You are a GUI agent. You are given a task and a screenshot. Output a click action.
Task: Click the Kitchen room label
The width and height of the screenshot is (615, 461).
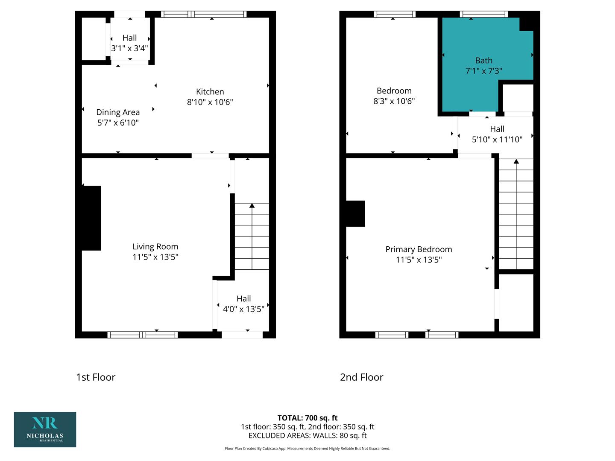point(210,91)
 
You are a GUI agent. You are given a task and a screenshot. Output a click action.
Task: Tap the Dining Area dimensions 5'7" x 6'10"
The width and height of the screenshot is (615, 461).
point(118,123)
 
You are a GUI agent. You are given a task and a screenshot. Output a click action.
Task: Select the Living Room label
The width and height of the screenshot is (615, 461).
point(155,247)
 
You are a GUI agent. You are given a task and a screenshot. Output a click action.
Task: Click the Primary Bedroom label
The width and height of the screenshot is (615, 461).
point(419,249)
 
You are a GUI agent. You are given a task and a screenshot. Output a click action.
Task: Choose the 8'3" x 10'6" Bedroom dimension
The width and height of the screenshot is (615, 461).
point(394,101)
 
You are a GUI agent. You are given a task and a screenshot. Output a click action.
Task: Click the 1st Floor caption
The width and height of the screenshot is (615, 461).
point(96,377)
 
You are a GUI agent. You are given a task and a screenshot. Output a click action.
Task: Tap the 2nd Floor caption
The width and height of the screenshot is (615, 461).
point(361,377)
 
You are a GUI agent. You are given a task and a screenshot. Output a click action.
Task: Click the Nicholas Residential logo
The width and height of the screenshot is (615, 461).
point(45,429)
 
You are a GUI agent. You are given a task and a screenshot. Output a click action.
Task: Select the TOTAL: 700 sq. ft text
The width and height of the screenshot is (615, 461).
point(307,418)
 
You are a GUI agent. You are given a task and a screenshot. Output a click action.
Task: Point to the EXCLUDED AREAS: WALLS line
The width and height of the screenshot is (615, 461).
point(307,435)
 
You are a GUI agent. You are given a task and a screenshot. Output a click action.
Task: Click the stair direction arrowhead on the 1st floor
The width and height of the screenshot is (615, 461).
point(252,206)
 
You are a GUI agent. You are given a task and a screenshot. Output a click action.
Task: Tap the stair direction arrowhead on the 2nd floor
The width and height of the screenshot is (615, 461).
point(516,161)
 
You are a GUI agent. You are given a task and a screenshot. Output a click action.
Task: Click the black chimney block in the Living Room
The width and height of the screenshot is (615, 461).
point(91,218)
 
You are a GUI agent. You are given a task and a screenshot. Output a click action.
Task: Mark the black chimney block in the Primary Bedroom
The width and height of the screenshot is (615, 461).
point(355,213)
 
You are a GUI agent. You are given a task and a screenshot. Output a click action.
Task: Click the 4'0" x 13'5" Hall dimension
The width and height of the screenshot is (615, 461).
point(243,309)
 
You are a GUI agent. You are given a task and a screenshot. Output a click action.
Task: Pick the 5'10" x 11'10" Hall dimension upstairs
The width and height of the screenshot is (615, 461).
point(497,140)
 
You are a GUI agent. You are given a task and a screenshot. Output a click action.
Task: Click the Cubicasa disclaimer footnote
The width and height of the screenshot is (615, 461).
point(307,448)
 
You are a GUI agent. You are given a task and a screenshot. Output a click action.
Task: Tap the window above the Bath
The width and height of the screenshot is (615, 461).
point(484,14)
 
